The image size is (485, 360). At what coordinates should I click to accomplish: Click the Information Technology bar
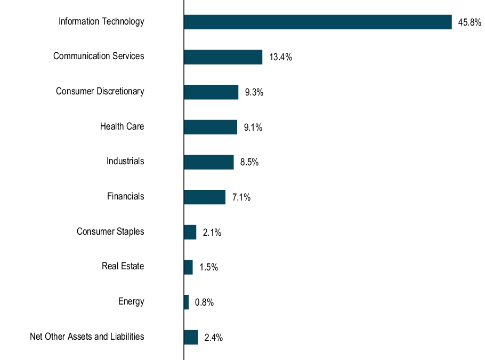(x=318, y=22)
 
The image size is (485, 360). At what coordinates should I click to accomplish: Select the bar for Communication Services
(x=223, y=57)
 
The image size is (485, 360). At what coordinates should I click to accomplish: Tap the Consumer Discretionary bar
(x=211, y=92)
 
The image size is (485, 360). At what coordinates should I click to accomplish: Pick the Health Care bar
(x=211, y=127)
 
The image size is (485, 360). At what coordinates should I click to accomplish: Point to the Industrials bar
(x=208, y=162)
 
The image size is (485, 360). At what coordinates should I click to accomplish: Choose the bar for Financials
(x=205, y=197)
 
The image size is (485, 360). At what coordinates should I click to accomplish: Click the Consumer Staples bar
(x=190, y=232)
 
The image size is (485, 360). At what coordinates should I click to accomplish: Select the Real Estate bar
(x=188, y=267)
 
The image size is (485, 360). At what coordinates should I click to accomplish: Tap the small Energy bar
(x=186, y=302)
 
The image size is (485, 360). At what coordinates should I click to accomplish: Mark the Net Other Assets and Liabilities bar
(x=191, y=337)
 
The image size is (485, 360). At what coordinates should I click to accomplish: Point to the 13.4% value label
(x=280, y=58)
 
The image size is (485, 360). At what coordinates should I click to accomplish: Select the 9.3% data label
(x=254, y=93)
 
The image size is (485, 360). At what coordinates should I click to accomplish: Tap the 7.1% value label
(x=241, y=197)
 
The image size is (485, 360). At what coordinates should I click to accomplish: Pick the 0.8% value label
(x=204, y=303)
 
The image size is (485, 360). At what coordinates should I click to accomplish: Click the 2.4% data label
(x=213, y=338)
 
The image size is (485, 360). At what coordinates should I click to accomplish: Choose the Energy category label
(x=131, y=301)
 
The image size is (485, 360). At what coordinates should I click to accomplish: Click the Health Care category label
(x=122, y=126)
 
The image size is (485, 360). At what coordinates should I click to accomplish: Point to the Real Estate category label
(x=123, y=266)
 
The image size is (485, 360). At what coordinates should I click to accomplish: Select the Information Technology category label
(x=101, y=21)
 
